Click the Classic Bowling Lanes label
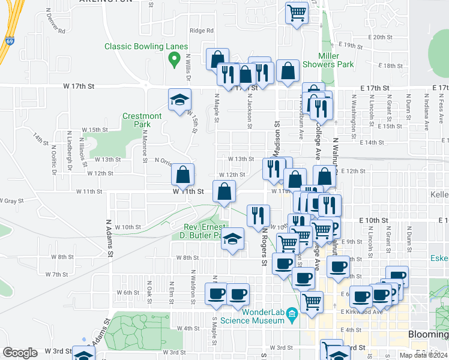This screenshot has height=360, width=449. point(146,46)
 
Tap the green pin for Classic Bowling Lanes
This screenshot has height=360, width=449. point(175,59)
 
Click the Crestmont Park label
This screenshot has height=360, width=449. point(142,120)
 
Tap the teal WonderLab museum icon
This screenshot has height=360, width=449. point(291,313)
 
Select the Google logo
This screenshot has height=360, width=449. point(20,353)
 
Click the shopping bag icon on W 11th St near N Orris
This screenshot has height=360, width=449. point(182,175)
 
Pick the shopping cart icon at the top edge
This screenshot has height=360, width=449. point(297,13)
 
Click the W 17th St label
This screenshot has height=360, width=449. point(79,86)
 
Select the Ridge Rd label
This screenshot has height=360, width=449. point(202,31)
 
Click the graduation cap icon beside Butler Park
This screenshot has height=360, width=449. point(231,240)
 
